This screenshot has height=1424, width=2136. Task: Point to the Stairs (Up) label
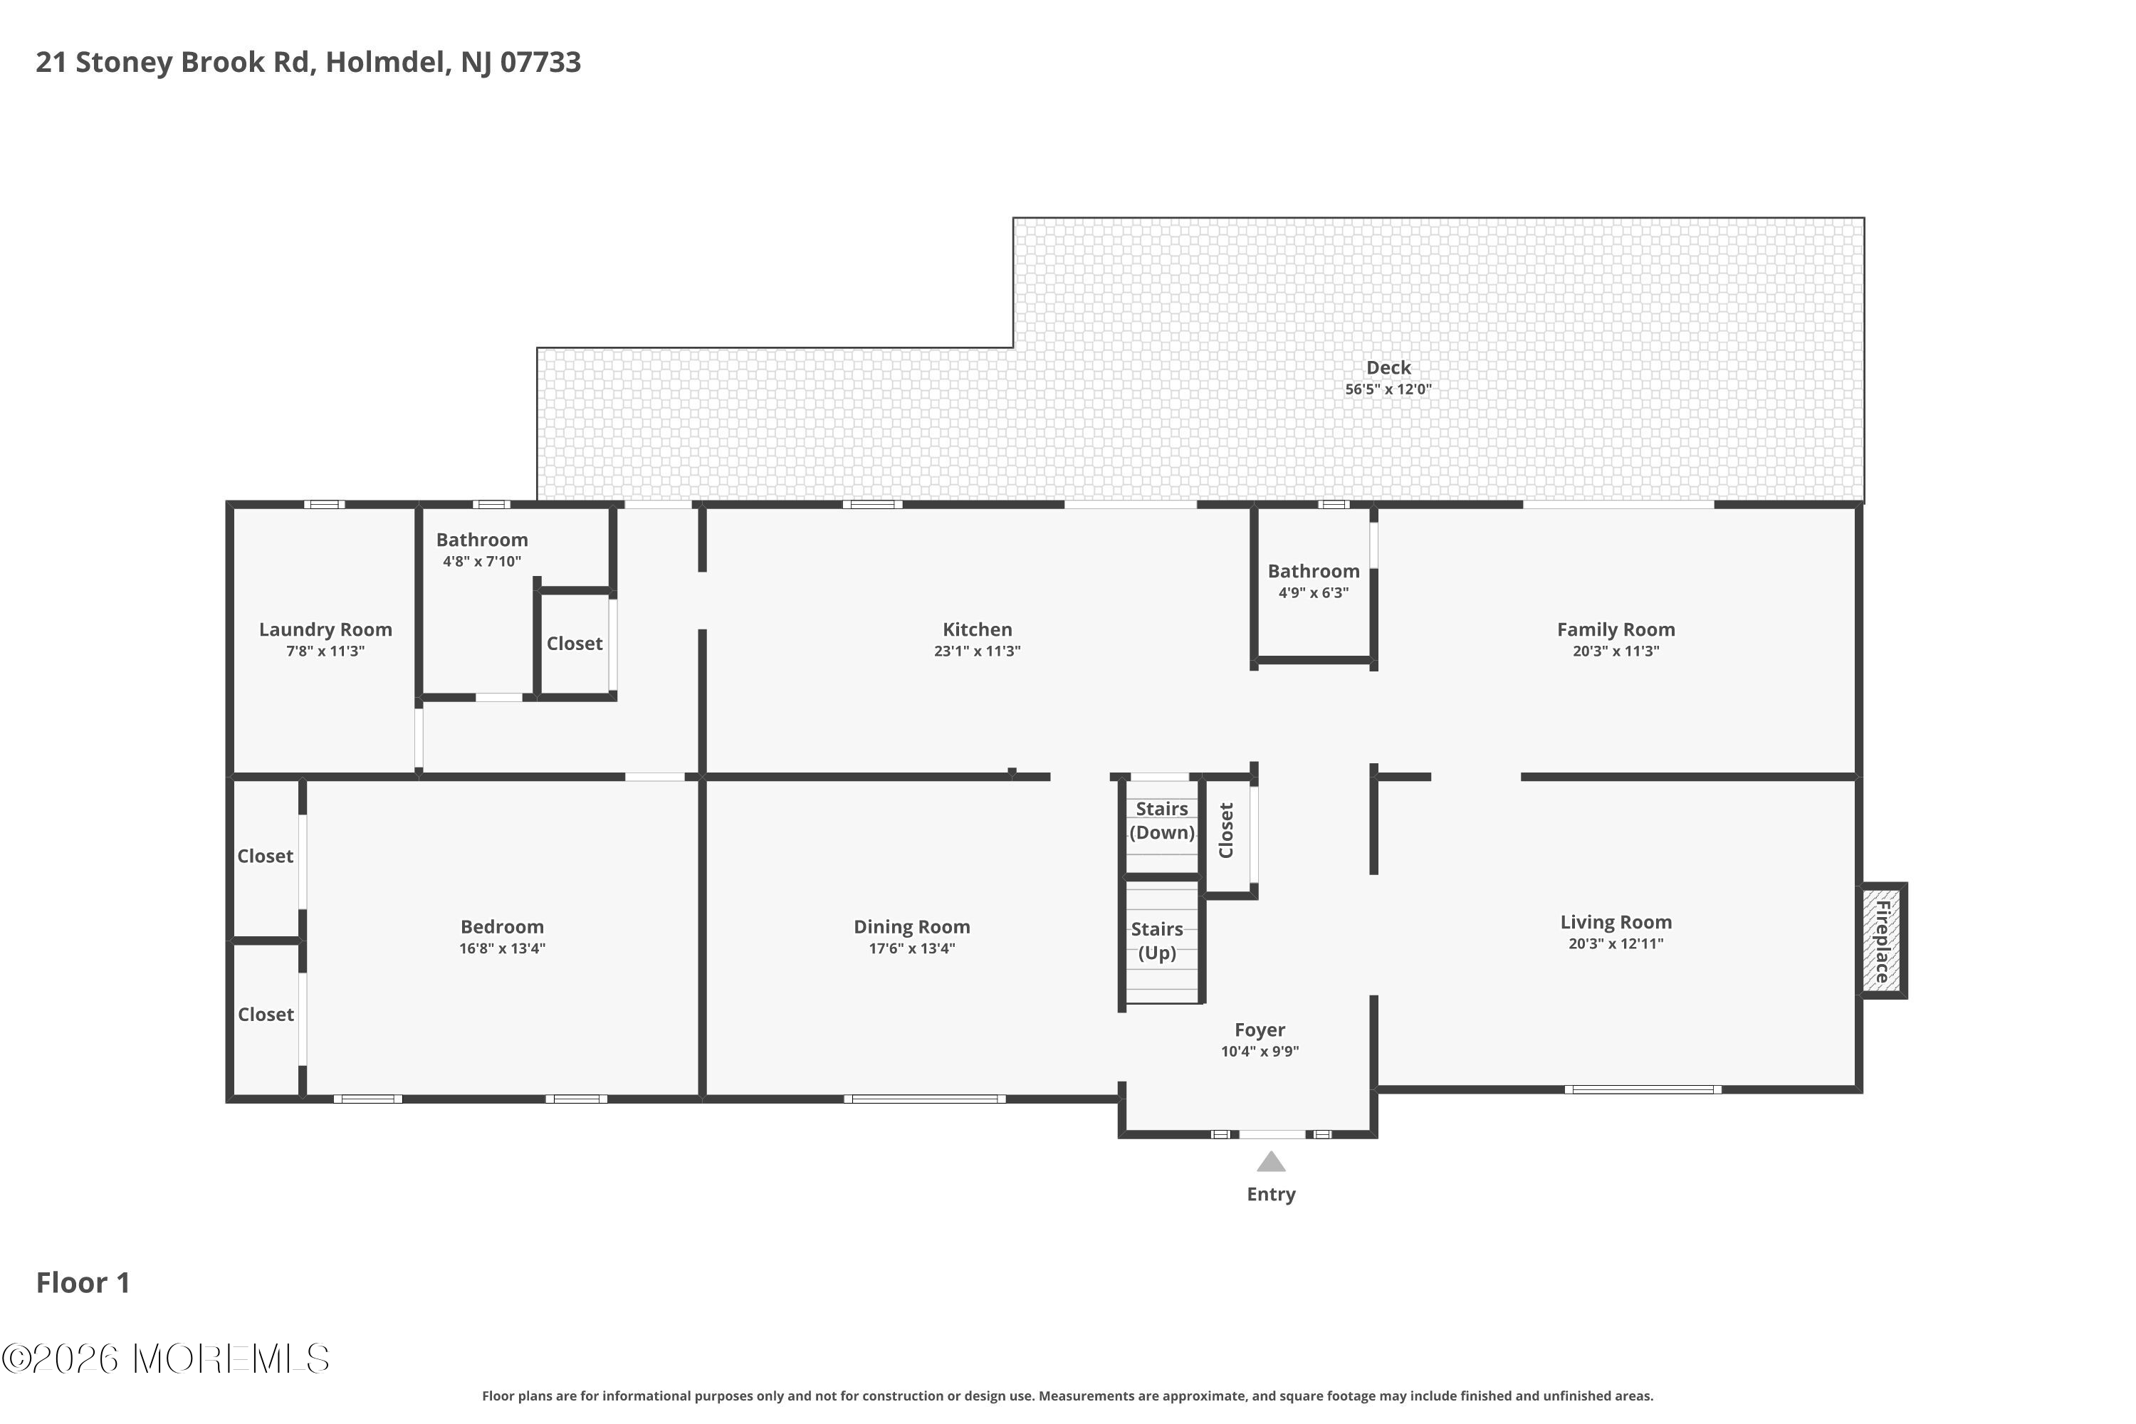click(x=1157, y=941)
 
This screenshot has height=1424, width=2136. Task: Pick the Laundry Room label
click(x=325, y=629)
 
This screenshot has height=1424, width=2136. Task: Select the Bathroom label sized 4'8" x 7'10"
click(x=481, y=540)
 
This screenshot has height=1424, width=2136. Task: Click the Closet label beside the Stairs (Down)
click(x=1226, y=830)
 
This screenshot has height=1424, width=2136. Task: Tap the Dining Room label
click(x=912, y=926)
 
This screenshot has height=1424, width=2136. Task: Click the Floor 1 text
click(x=83, y=1282)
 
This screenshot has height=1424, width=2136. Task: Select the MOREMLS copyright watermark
click(x=165, y=1358)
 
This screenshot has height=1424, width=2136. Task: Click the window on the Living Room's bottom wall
click(x=1642, y=1090)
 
